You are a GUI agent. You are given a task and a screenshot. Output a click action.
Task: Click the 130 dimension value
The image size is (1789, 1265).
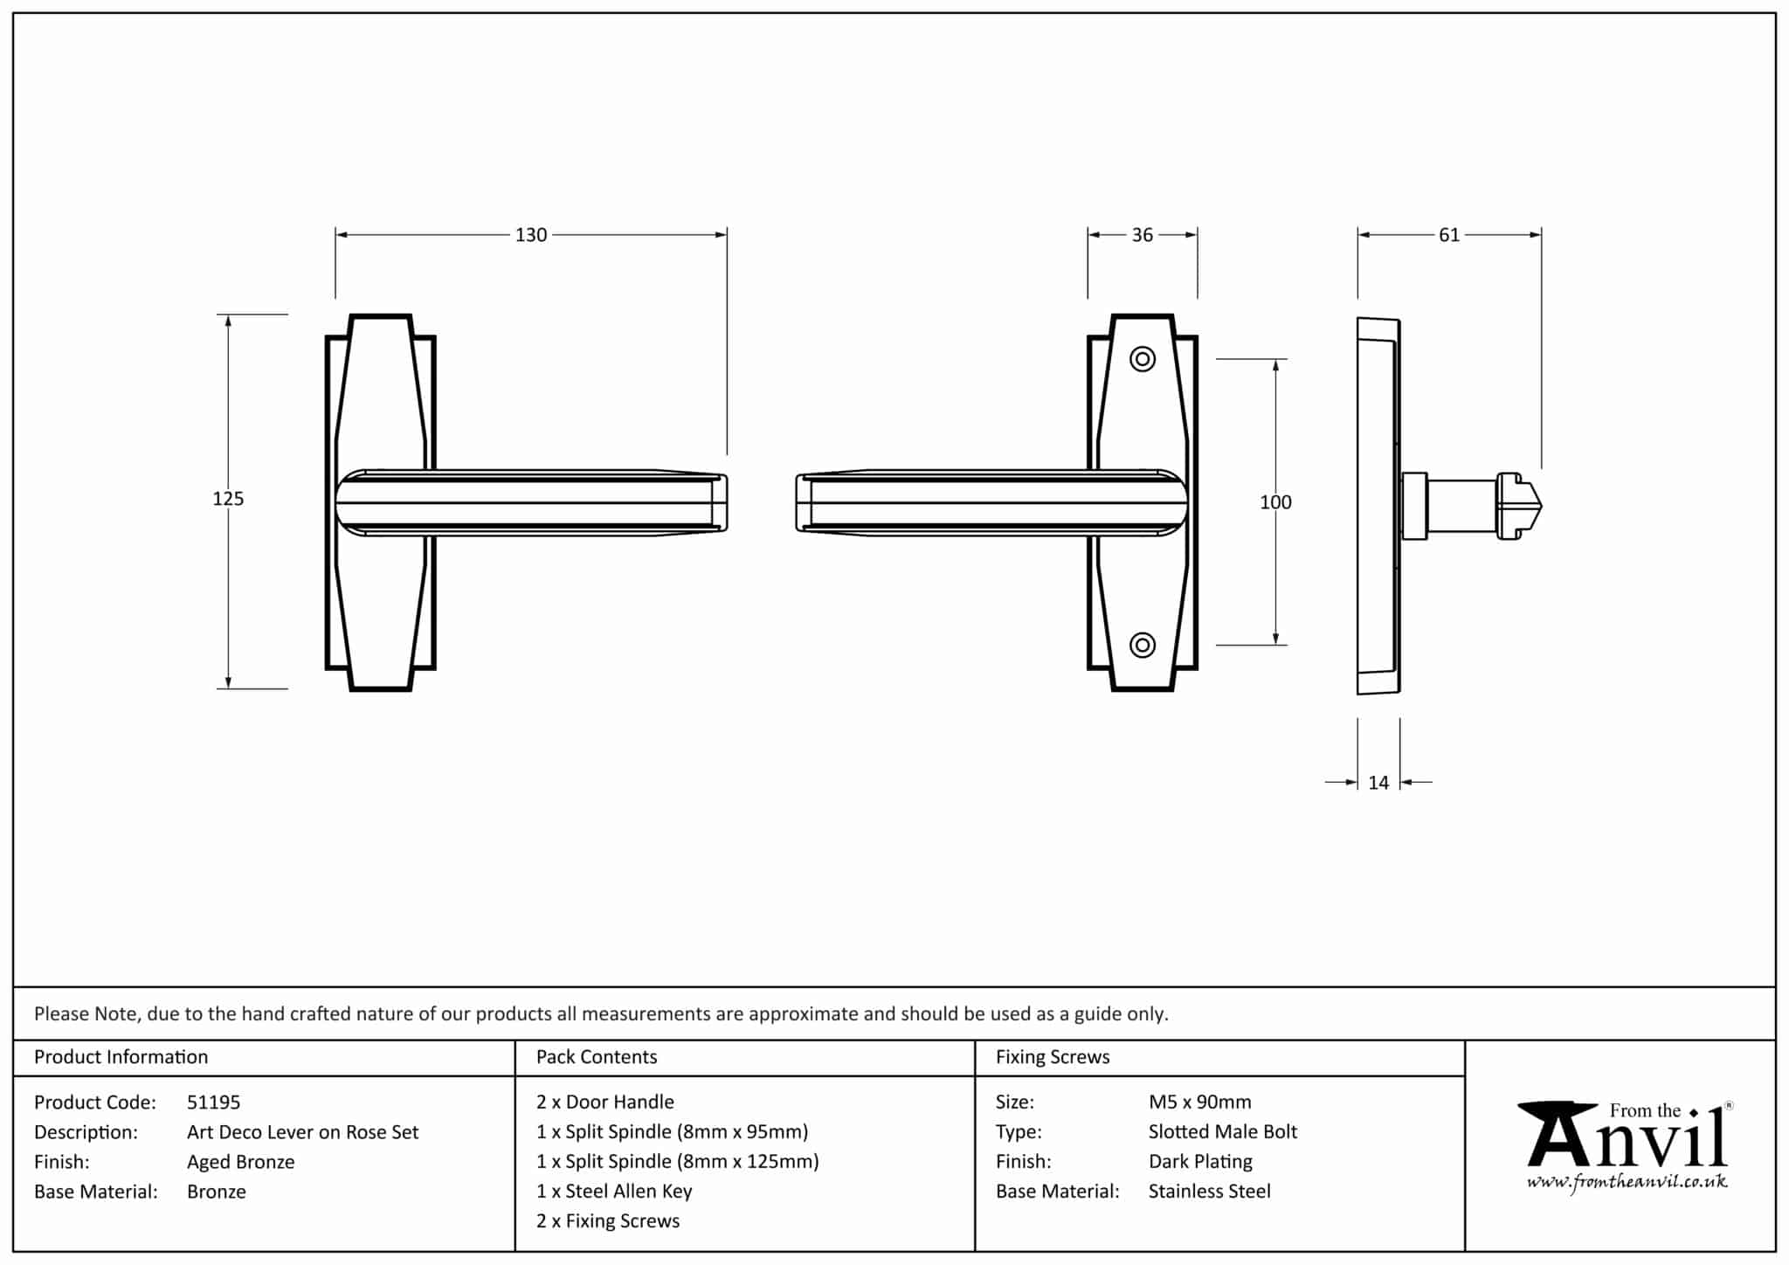530,235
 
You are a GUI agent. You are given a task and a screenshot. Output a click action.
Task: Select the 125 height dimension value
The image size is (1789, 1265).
228,499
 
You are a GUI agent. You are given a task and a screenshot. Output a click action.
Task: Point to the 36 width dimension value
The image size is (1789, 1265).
1142,235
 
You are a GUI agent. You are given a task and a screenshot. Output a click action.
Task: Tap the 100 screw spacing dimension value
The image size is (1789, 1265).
1275,502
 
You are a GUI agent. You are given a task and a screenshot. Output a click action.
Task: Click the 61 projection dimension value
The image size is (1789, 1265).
1448,235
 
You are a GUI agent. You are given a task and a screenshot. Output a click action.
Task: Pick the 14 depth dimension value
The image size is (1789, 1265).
1378,783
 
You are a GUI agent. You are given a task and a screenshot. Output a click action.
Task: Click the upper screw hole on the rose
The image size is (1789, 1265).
1143,359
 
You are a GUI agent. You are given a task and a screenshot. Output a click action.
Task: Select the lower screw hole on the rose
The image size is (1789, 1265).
1143,646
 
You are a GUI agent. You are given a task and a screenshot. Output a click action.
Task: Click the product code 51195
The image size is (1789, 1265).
213,1103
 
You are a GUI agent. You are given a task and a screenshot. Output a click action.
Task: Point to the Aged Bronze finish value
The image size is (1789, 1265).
240,1162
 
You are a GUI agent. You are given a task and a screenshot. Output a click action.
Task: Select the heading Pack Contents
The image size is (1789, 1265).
597,1057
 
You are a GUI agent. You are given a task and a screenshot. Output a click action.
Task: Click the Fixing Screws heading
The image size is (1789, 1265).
1053,1057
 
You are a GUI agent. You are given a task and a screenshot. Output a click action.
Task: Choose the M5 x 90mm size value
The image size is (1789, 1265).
1199,1103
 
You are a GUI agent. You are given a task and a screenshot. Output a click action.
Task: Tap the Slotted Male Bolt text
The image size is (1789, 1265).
1222,1132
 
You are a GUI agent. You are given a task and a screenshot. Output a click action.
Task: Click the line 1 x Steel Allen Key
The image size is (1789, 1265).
614,1192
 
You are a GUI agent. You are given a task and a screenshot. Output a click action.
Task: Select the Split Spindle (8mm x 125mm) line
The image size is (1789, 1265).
677,1162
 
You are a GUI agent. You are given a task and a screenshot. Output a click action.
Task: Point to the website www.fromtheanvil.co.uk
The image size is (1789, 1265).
1627,1183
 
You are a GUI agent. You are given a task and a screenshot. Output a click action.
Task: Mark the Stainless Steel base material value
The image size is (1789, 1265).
1209,1192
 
